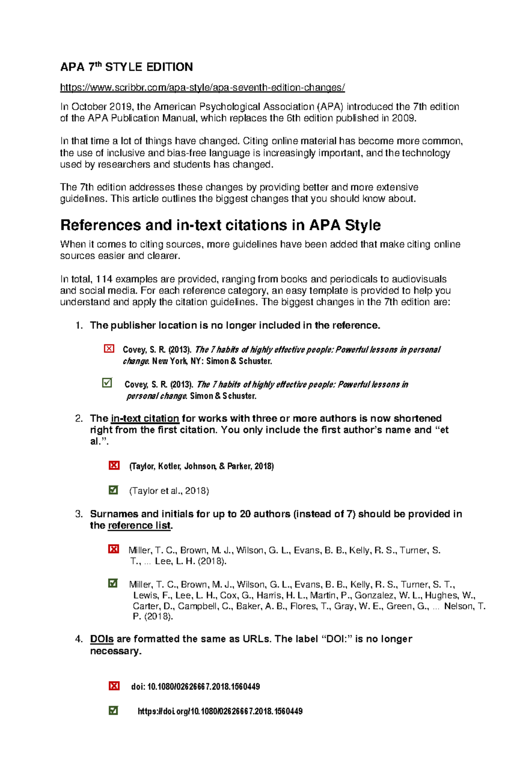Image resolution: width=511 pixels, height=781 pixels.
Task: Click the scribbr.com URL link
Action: [202, 88]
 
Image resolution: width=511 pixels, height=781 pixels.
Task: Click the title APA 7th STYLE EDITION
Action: [126, 67]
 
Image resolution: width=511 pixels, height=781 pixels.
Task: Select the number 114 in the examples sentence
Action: [104, 279]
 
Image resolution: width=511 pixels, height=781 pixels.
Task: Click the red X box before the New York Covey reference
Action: [109, 349]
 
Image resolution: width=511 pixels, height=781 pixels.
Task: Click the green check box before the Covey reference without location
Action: [107, 383]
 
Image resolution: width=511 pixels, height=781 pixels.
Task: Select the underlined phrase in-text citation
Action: [145, 418]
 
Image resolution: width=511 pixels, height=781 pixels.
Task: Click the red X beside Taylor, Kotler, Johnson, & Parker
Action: [114, 465]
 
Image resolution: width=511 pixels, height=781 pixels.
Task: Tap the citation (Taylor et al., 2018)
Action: [169, 491]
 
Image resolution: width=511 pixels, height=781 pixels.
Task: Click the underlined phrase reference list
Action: [139, 526]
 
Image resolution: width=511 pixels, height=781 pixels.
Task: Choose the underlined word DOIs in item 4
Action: [102, 639]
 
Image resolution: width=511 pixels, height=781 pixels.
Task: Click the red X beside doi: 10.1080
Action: [114, 686]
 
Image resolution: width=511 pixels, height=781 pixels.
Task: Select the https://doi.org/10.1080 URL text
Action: [220, 711]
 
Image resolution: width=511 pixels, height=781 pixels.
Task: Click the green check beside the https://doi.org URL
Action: [113, 710]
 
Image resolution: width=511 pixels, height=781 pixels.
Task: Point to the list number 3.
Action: [79, 514]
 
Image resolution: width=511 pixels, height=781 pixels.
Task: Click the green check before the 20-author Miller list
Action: [113, 583]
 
